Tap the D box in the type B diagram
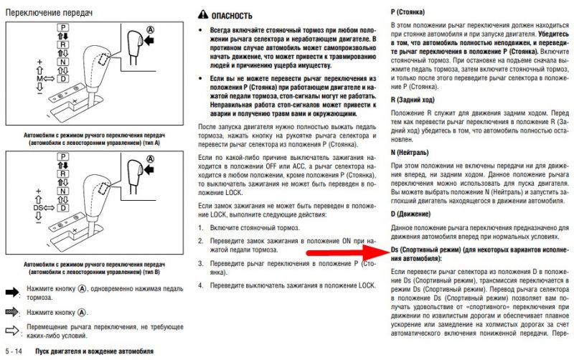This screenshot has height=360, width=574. click(x=63, y=209)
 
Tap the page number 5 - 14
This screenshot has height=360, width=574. click(x=16, y=351)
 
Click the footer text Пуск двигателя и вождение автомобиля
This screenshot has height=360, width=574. click(x=94, y=351)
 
